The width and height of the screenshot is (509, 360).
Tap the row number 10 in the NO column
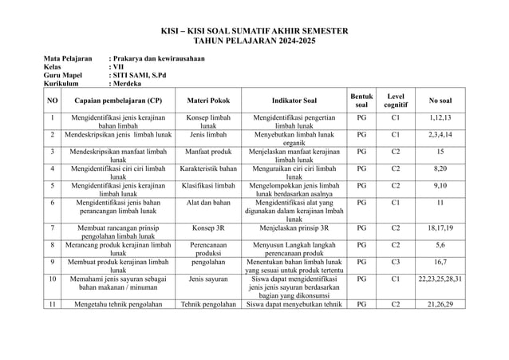point(52,280)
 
